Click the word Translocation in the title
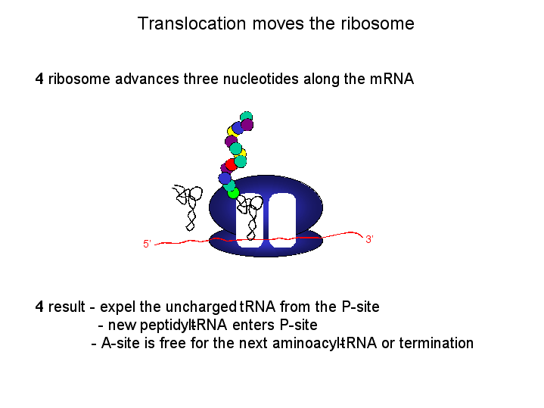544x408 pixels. (x=191, y=23)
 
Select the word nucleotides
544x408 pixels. (x=260, y=79)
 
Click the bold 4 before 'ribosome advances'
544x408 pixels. (x=39, y=79)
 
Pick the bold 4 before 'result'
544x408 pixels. (x=39, y=307)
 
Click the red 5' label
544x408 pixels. (x=147, y=244)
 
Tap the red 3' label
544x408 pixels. (x=369, y=239)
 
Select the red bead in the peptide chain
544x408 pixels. (x=231, y=164)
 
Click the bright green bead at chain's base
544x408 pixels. (x=234, y=193)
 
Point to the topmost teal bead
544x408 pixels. (x=247, y=116)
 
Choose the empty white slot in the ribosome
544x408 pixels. (x=282, y=220)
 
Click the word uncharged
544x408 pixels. (x=201, y=307)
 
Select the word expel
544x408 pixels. (x=117, y=307)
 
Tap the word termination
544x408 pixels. (x=436, y=343)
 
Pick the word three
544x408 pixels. (x=201, y=79)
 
